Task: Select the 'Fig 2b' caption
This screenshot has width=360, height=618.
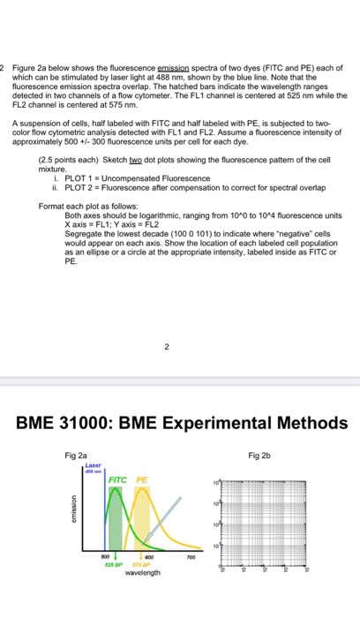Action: (x=262, y=455)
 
